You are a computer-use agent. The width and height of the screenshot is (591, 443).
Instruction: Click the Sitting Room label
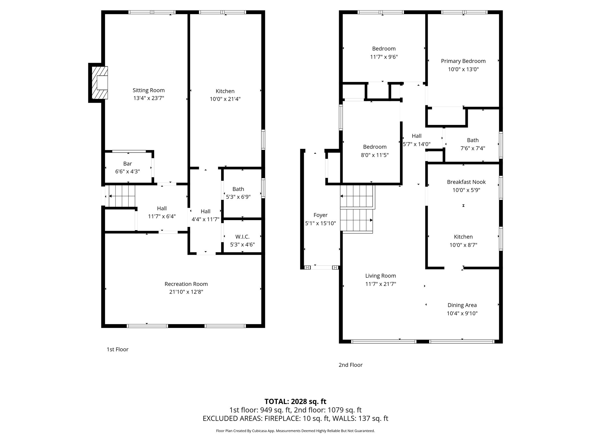pos(149,90)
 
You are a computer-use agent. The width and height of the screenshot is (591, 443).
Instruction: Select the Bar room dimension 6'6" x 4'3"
pos(128,172)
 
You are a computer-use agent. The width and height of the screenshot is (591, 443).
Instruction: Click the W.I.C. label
pos(242,237)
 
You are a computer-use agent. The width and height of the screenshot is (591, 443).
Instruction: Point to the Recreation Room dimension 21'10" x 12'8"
pos(186,292)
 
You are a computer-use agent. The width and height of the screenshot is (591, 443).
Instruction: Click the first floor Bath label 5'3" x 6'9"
pos(238,193)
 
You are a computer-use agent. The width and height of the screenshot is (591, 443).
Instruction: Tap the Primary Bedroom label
pos(463,61)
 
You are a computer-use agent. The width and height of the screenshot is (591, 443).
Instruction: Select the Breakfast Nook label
pos(466,182)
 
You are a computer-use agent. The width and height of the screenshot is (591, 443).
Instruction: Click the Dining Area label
pos(462,305)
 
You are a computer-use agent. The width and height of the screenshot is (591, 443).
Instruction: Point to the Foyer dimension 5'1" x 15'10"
pos(320,223)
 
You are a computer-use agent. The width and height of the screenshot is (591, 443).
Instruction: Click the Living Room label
pos(380,276)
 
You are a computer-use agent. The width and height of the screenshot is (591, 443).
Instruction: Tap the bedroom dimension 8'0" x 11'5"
pos(375,155)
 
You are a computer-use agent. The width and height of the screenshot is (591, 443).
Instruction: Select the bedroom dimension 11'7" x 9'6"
pos(384,57)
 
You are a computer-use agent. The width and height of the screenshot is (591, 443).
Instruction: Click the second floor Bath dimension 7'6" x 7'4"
pos(472,149)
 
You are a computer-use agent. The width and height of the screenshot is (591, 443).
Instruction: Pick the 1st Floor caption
pos(117,350)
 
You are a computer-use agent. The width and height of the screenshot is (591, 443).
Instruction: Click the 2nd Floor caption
pos(350,365)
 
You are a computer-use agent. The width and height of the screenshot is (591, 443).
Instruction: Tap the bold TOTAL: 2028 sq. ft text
pos(295,401)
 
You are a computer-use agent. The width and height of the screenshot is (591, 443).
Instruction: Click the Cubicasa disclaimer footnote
pos(295,431)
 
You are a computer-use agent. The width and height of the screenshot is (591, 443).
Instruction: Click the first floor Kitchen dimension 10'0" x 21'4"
pos(225,99)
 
